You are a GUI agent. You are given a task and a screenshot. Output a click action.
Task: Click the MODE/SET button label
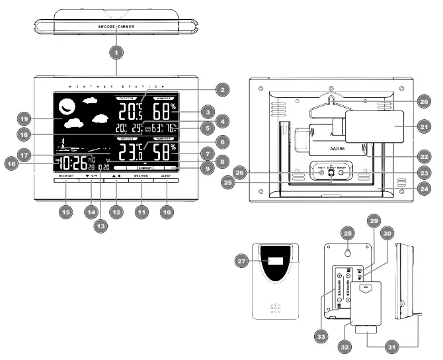(65, 177)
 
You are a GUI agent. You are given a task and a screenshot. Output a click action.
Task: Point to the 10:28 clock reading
(70, 164)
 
